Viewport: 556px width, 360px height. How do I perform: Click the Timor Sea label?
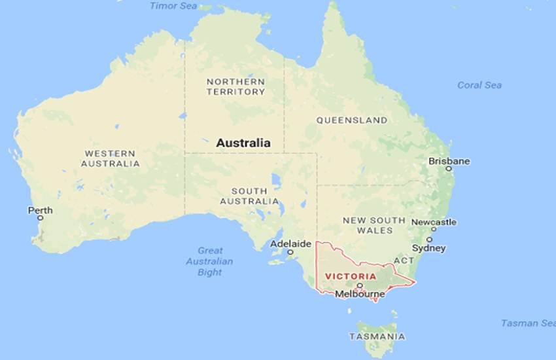173,6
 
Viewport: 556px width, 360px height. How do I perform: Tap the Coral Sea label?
479,85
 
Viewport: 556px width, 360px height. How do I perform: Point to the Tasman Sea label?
528,323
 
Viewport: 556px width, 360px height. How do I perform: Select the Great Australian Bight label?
210,261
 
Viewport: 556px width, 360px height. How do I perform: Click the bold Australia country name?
243,143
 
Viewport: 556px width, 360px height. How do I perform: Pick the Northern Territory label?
235,86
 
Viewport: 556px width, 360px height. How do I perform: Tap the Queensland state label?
351,120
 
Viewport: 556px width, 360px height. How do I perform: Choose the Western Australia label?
111,158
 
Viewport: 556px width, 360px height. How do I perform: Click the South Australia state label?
249,196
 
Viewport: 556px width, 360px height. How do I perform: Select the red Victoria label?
351,276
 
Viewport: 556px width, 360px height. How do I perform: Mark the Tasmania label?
376,336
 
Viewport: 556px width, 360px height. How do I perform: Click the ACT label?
404,261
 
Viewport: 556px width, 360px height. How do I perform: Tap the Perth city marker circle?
40,218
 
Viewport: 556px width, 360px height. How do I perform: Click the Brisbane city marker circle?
449,168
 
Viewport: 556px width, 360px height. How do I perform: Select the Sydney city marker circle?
429,240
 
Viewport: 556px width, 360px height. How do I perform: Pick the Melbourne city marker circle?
359,286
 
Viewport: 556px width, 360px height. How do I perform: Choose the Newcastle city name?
434,223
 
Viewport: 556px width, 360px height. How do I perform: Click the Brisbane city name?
449,161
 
